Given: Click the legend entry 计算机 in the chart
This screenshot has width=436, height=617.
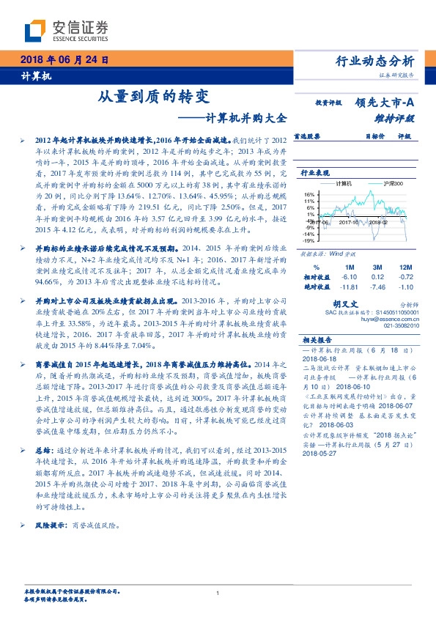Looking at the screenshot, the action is pyautogui.click(x=344, y=183).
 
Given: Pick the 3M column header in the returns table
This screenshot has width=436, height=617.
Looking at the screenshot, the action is pyautogui.click(x=377, y=267).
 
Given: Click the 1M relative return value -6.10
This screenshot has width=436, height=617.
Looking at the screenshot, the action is pyautogui.click(x=350, y=278).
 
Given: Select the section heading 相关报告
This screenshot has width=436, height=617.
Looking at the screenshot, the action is pyautogui.click(x=317, y=340).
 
